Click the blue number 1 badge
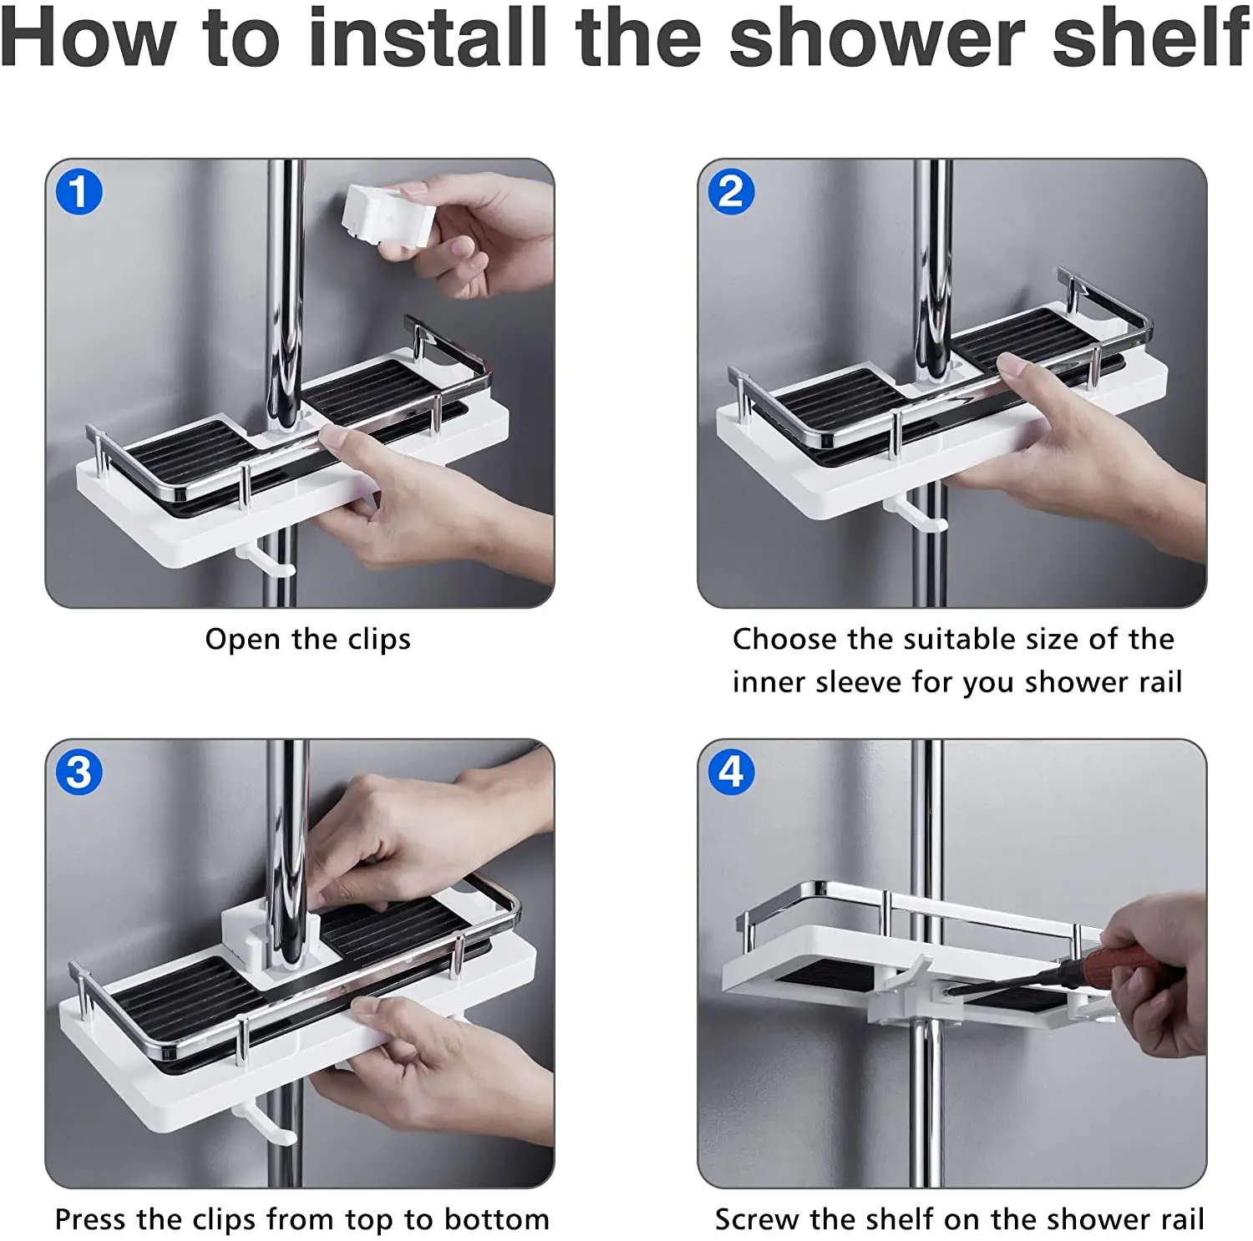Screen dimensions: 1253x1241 click(x=79, y=192)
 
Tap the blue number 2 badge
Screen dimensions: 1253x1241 click(x=731, y=192)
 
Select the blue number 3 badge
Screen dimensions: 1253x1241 click(x=79, y=772)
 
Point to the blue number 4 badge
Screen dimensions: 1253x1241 click(x=731, y=772)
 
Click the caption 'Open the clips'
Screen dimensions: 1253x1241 click(x=308, y=640)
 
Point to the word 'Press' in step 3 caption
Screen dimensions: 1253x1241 click(x=90, y=1219)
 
